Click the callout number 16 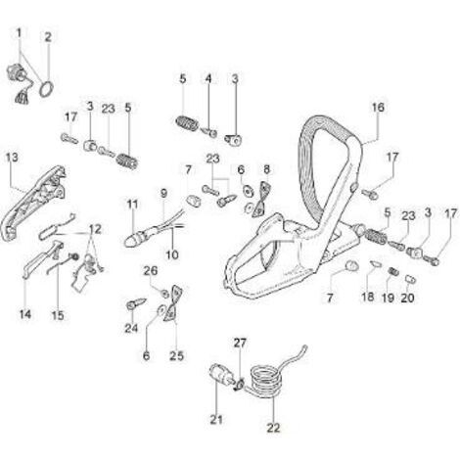pyautogui.click(x=378, y=107)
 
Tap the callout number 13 pyautogui.click(x=13, y=158)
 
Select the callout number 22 pyautogui.click(x=273, y=428)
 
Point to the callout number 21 pyautogui.click(x=216, y=420)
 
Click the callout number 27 pyautogui.click(x=240, y=343)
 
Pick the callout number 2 pyautogui.click(x=48, y=37)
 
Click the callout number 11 pyautogui.click(x=132, y=205)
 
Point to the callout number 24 pyautogui.click(x=131, y=328)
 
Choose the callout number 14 pyautogui.click(x=25, y=314)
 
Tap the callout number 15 pyautogui.click(x=58, y=315)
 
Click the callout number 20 pyautogui.click(x=407, y=298)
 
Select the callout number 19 pyautogui.click(x=389, y=298)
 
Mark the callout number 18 pyautogui.click(x=368, y=297)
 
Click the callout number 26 pyautogui.click(x=151, y=270)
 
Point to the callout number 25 pyautogui.click(x=176, y=355)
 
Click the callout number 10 pyautogui.click(x=172, y=254)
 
